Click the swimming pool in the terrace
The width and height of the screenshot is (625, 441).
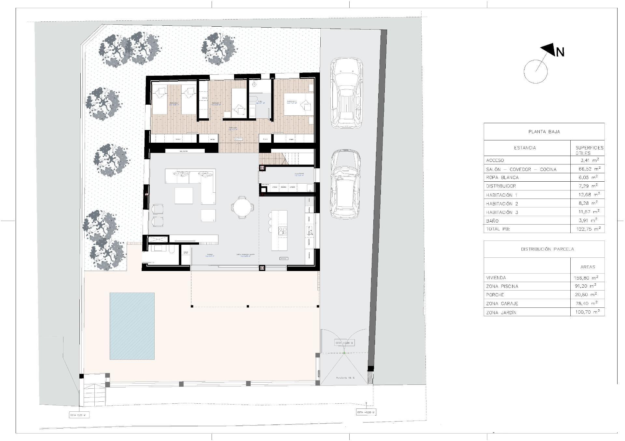[132, 326]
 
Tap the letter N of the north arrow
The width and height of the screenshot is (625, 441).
[560, 52]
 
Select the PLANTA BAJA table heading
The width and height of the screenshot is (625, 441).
[544, 132]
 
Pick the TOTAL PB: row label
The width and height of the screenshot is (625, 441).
[498, 229]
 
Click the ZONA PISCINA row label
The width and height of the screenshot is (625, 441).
[502, 286]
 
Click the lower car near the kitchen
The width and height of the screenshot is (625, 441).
[346, 184]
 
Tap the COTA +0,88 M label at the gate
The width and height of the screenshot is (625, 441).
[344, 343]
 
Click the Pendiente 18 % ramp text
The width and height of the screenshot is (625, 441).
[345, 378]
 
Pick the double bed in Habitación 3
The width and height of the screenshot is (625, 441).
[297, 104]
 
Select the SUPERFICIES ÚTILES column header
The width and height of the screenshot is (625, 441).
[589, 150]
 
